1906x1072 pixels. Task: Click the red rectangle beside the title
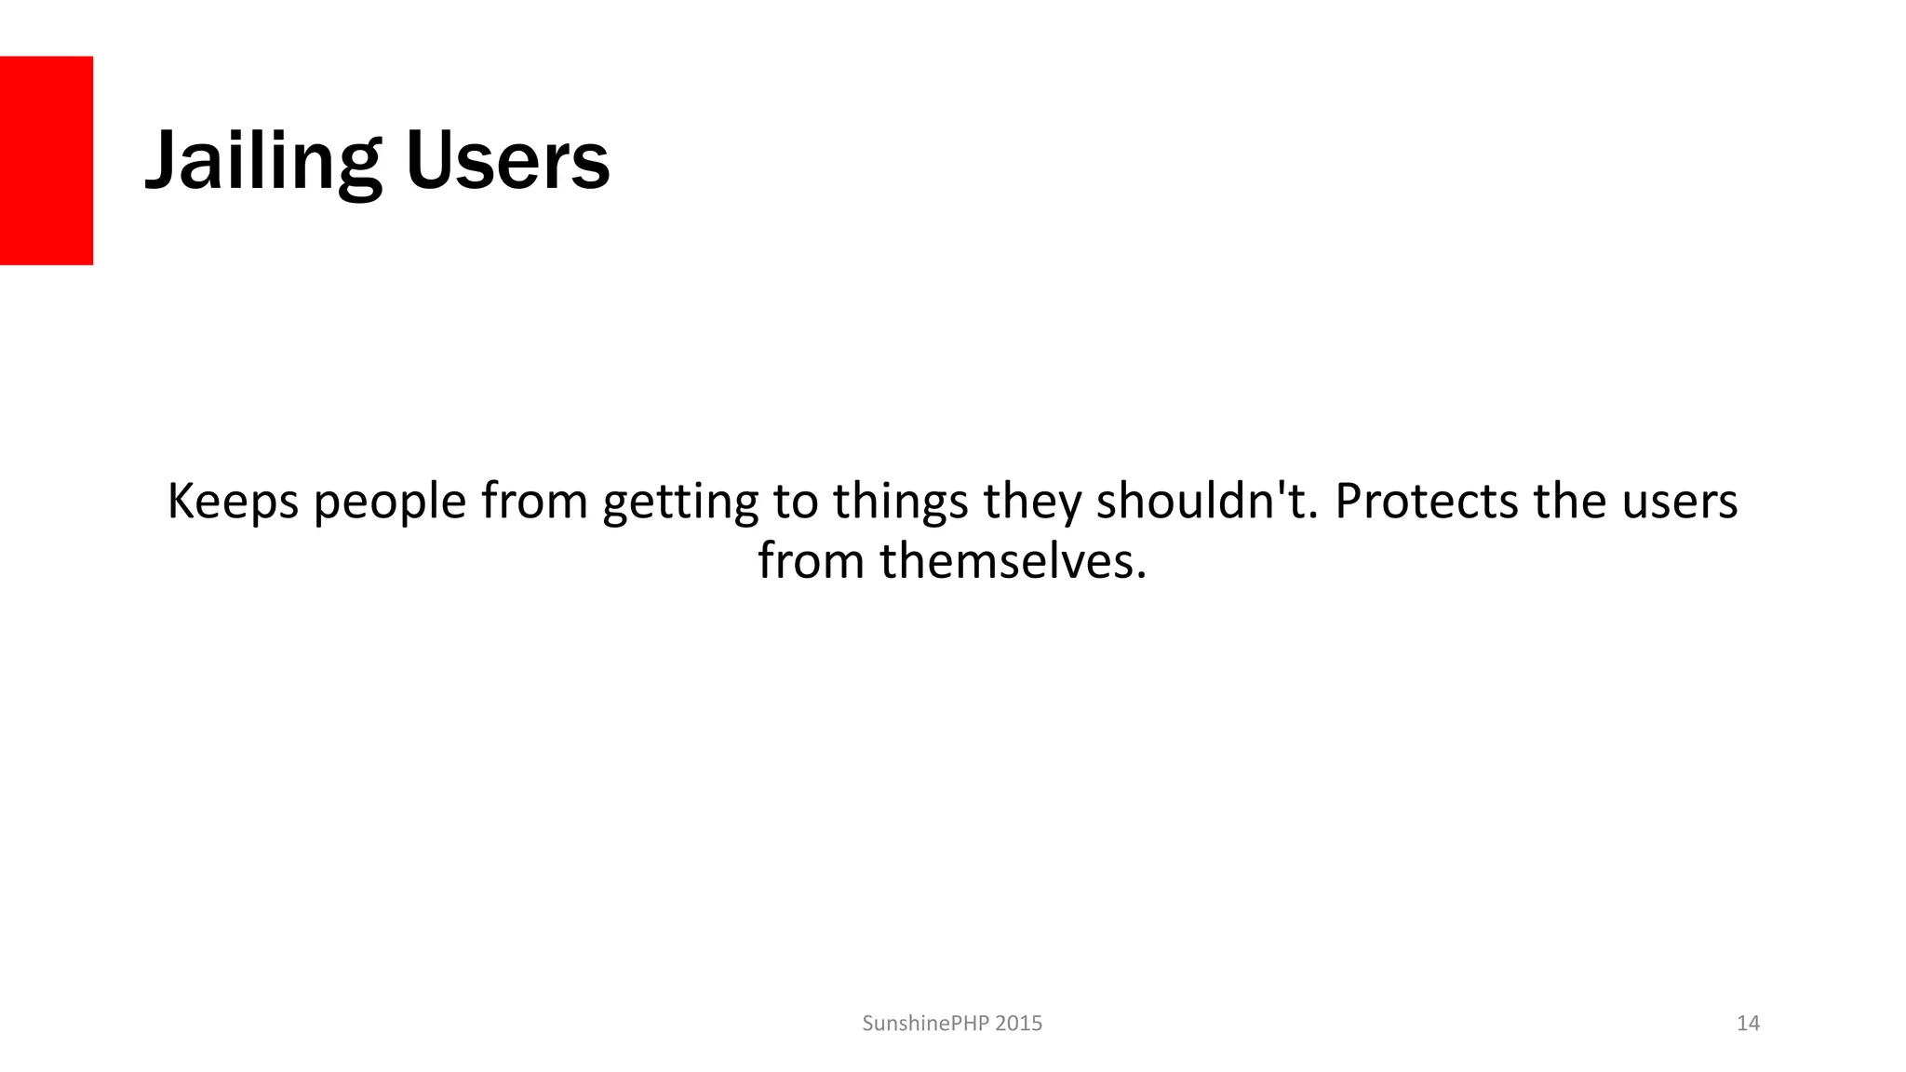[47, 160]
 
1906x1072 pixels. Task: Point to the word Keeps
[233, 502]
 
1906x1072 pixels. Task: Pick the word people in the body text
[389, 503]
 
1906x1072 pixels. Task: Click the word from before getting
[534, 502]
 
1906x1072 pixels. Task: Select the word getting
[680, 503]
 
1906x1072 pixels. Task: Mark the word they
[1032, 503]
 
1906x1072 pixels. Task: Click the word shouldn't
[1208, 502]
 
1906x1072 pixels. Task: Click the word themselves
[1013, 561]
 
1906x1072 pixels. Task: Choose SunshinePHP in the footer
[924, 1024]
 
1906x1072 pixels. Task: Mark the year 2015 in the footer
[1019, 1024]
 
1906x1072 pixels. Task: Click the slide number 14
[1748, 1024]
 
